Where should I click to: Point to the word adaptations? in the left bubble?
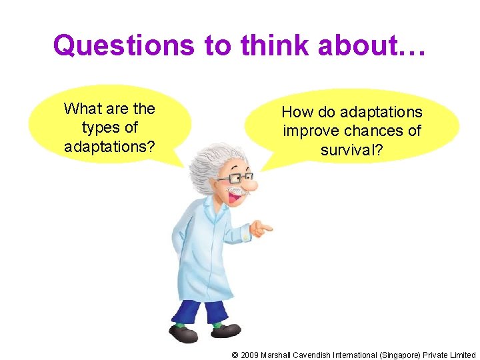click(x=109, y=146)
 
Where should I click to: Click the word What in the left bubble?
click(x=81, y=109)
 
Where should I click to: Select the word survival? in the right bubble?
click(x=351, y=150)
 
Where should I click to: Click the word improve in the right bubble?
click(x=310, y=131)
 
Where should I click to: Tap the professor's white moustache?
click(x=235, y=195)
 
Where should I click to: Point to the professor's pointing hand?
click(x=259, y=230)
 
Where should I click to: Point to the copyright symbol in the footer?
click(x=235, y=355)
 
